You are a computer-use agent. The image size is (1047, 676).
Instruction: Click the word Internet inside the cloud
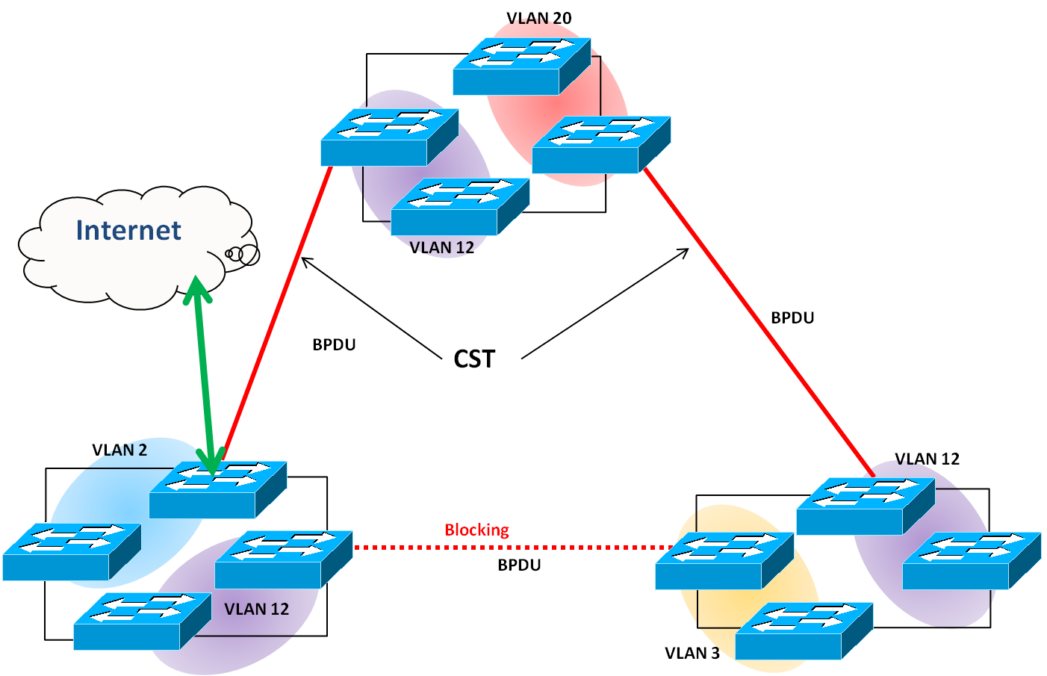pyautogui.click(x=128, y=230)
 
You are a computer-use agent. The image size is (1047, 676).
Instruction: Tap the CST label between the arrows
pyautogui.click(x=474, y=359)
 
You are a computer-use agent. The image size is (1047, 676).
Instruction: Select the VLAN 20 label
pyautogui.click(x=538, y=18)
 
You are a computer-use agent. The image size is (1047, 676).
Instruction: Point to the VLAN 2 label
pyautogui.click(x=119, y=450)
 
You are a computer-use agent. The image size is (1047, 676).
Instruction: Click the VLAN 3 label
pyautogui.click(x=692, y=653)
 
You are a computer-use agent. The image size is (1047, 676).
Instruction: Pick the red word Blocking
pyautogui.click(x=476, y=530)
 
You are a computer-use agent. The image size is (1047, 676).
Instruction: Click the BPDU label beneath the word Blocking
pyautogui.click(x=519, y=565)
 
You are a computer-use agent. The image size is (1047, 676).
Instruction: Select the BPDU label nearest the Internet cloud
pyautogui.click(x=334, y=344)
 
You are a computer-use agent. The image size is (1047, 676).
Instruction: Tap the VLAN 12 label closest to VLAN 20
pyautogui.click(x=442, y=247)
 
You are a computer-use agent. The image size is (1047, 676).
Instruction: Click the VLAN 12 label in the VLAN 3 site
pyautogui.click(x=927, y=459)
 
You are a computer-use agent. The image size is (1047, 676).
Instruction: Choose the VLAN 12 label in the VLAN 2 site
pyautogui.click(x=256, y=609)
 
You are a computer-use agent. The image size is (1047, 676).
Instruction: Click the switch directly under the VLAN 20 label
pyautogui.click(x=521, y=66)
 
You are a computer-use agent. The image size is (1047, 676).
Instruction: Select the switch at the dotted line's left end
pyautogui.click(x=283, y=559)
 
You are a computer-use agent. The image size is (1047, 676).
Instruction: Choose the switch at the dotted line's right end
pyautogui.click(x=724, y=561)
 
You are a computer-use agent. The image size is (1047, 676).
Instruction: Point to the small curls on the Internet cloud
pyautogui.click(x=243, y=254)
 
